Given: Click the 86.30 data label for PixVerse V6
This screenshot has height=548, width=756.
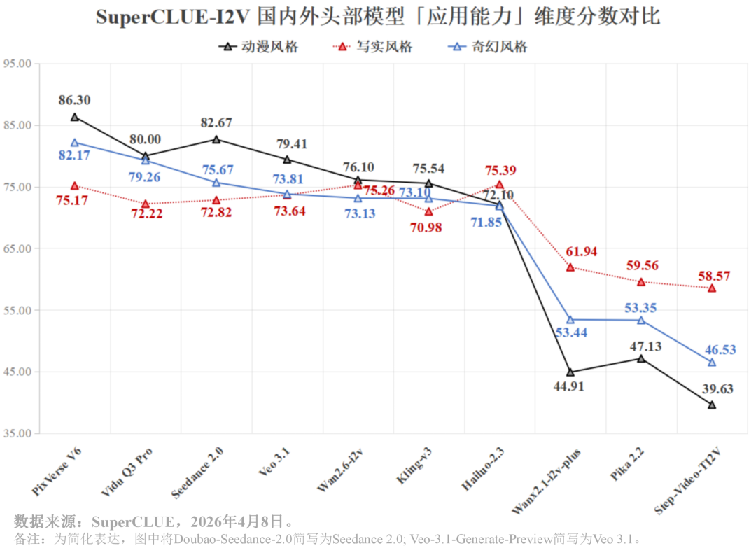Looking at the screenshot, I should [74, 100].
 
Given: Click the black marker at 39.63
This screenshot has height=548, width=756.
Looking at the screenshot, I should [712, 405].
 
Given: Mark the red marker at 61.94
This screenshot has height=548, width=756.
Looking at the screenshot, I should [570, 267].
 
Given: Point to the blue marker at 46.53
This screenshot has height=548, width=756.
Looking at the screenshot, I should [712, 362].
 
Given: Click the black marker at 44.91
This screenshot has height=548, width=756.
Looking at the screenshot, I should [570, 372].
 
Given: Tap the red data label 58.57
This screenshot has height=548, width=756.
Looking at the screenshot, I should [714, 276].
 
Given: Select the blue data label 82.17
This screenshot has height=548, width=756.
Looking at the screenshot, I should [74, 155].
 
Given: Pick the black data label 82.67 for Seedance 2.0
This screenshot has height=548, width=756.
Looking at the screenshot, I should [216, 122].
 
